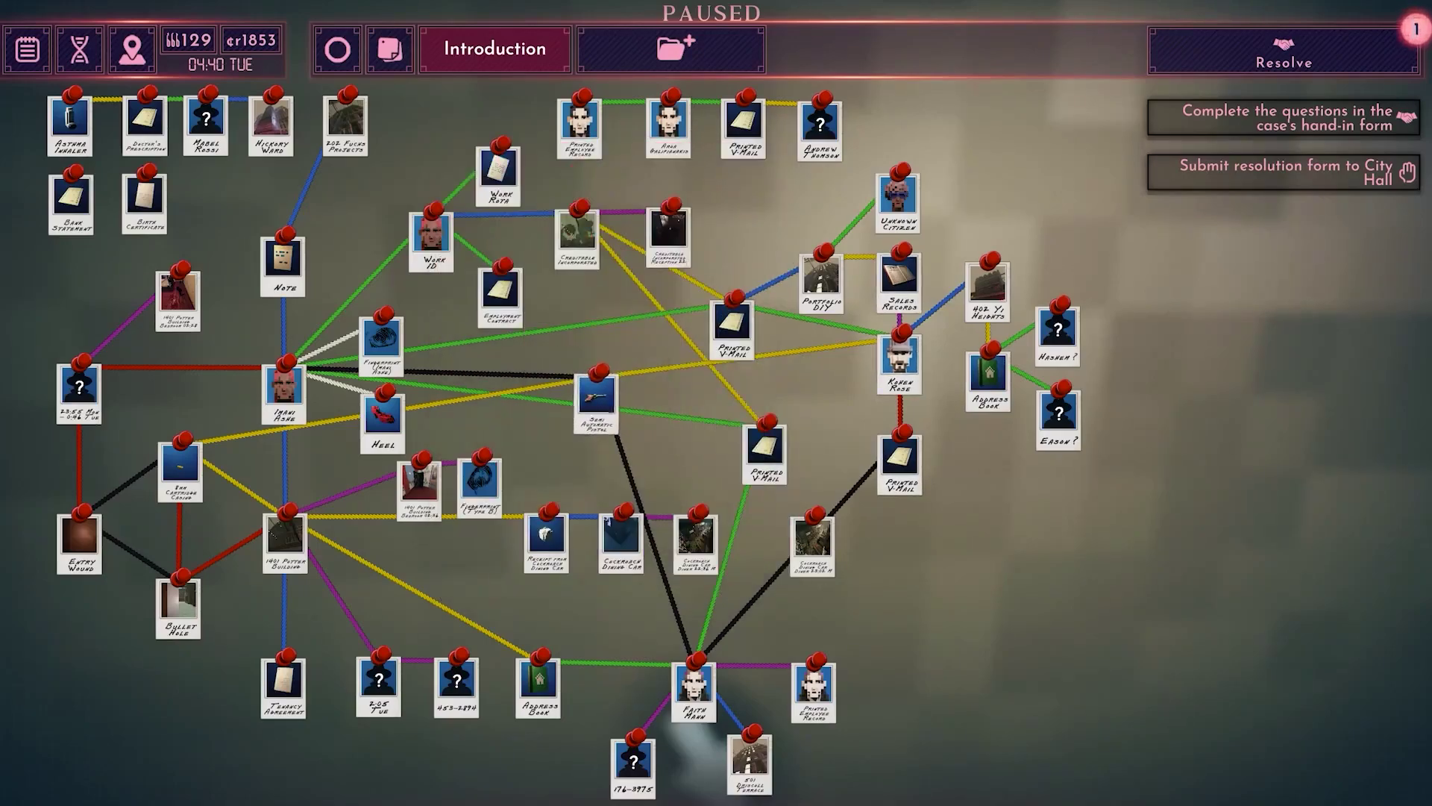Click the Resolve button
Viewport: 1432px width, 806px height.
pos(1283,51)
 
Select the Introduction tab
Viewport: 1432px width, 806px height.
pos(494,49)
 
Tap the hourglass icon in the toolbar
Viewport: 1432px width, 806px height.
pos(79,50)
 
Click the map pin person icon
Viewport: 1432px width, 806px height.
pos(132,50)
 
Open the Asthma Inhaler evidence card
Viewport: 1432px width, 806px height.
pos(70,124)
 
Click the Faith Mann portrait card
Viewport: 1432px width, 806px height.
pos(694,690)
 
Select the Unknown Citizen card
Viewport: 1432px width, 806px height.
pos(898,201)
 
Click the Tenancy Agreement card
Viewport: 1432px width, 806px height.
pos(284,686)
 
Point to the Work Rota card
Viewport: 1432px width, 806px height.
pos(498,175)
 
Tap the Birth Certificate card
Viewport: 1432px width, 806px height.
pos(145,201)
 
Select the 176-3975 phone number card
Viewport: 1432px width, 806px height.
pos(633,767)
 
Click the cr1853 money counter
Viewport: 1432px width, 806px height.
pos(251,40)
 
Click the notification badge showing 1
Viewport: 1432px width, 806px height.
pos(1415,30)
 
